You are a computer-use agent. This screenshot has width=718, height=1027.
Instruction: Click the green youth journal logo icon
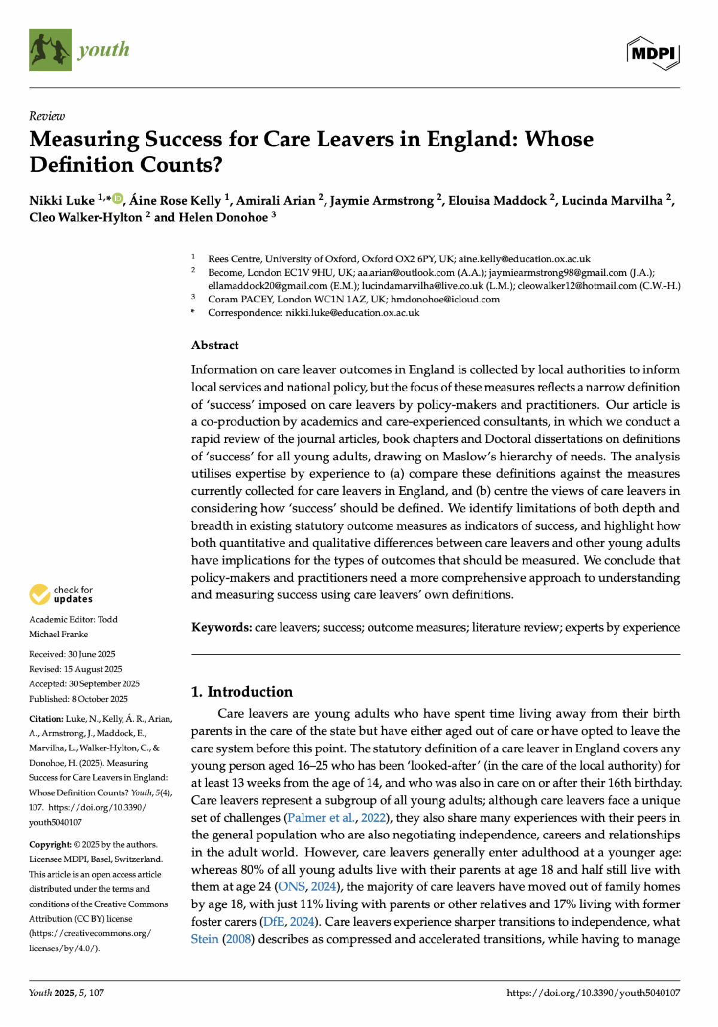50,50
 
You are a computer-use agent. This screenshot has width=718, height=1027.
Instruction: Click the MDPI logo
653,53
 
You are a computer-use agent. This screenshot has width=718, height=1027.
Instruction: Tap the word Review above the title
47,116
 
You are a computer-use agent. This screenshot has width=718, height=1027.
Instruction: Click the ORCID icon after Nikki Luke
118,198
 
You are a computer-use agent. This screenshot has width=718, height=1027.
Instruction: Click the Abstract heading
215,345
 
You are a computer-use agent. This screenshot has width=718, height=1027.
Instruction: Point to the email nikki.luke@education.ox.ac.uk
352,312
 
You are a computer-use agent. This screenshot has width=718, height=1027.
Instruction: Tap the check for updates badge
62,594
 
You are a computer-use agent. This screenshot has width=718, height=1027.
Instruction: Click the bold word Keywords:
221,627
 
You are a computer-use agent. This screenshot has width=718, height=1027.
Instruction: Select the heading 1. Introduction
242,692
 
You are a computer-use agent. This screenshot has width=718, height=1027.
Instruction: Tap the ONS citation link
291,887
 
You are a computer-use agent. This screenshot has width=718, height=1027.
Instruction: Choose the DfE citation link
273,922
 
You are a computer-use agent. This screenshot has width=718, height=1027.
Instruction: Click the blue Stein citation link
204,939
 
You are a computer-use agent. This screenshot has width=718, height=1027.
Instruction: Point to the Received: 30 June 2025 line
72,654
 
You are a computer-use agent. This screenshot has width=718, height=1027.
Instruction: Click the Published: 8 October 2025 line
78,699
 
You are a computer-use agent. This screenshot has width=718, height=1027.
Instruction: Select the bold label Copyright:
50,844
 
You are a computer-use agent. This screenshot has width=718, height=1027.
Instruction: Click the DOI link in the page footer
593,993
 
